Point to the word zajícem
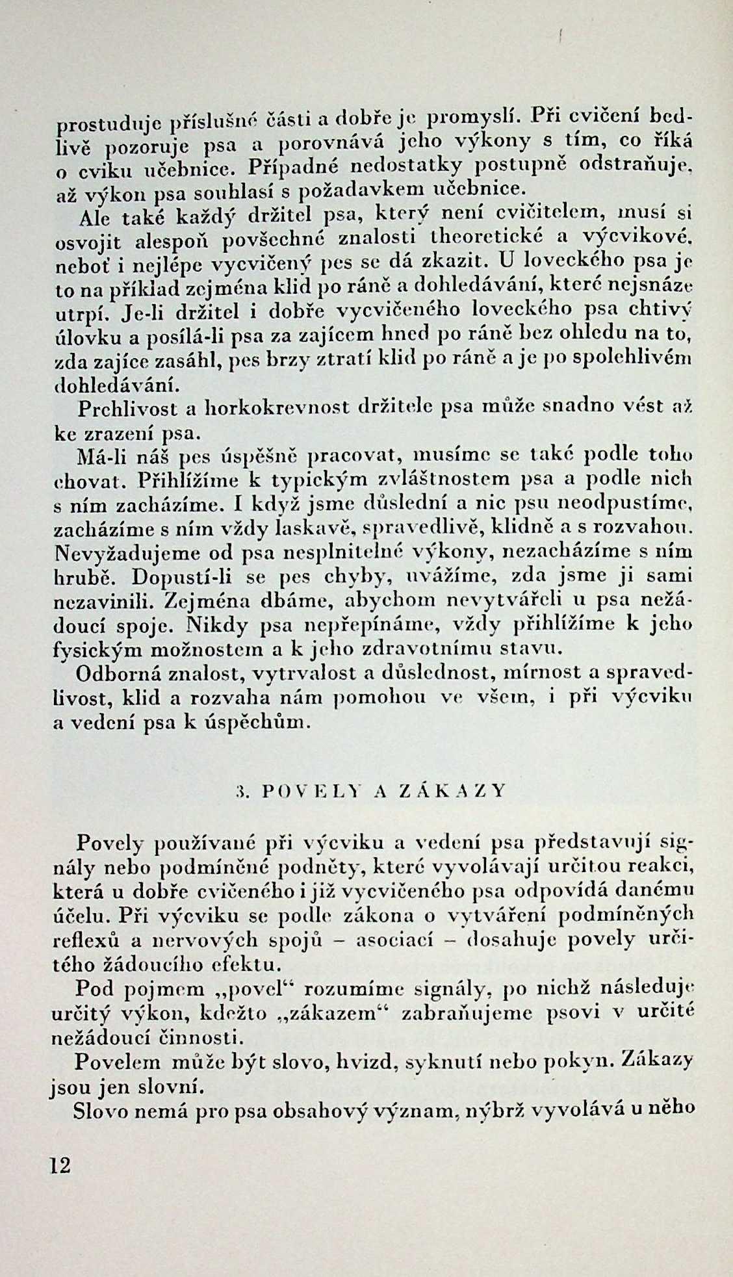pyautogui.click(x=335, y=335)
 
